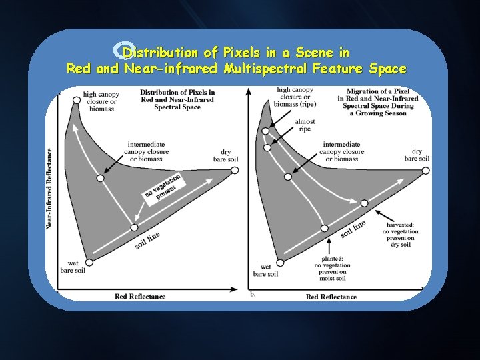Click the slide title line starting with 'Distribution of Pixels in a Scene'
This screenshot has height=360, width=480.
[x=236, y=52]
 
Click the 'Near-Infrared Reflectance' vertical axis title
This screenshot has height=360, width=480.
[x=50, y=189]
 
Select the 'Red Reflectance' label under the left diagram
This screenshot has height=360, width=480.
[x=140, y=296]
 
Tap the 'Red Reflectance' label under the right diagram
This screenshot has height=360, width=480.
[x=331, y=297]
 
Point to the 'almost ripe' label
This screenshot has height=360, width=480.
[x=305, y=125]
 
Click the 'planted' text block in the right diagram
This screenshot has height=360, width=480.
[x=332, y=269]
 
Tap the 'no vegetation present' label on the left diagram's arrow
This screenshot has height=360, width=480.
[x=161, y=187]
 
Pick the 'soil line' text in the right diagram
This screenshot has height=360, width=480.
[x=353, y=228]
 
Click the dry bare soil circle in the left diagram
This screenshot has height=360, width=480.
[x=235, y=171]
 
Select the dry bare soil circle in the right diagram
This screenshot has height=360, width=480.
[x=426, y=171]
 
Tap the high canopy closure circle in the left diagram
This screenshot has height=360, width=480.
[x=77, y=99]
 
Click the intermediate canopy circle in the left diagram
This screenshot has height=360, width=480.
[x=100, y=178]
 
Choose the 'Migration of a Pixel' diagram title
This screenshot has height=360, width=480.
[x=378, y=102]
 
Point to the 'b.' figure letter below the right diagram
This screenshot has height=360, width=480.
[x=253, y=293]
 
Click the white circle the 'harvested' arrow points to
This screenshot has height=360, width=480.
[x=364, y=203]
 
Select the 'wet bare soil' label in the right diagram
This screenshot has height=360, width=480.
[x=265, y=270]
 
